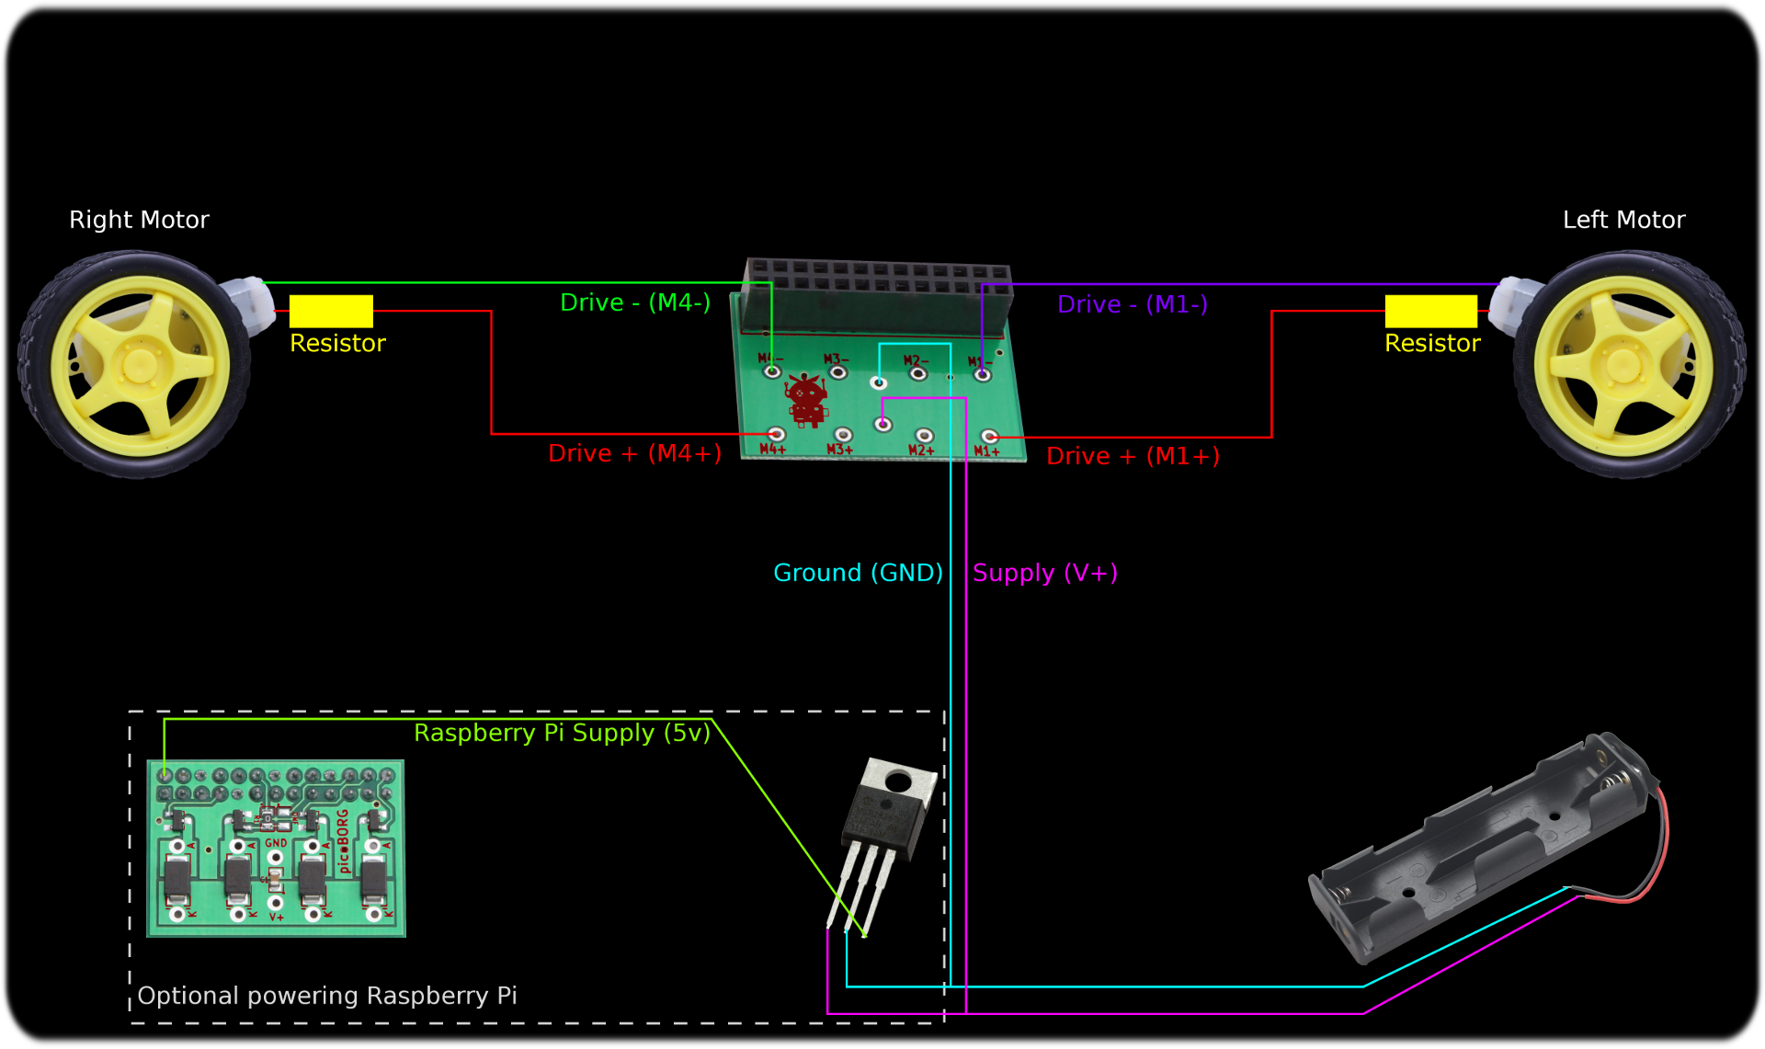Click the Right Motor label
139,220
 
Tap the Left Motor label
1623,220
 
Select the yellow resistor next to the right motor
331,311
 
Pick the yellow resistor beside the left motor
1430,311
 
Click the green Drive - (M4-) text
635,302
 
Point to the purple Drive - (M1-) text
1133,304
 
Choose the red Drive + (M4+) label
634,453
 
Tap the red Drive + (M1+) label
1133,456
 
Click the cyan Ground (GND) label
858,573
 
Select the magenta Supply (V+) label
1045,573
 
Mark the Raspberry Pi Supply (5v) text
562,733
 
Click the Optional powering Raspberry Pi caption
327,996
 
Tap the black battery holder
1480,850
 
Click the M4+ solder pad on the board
777,434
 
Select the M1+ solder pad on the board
990,437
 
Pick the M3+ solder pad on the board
843,435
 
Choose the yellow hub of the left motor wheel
1623,364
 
